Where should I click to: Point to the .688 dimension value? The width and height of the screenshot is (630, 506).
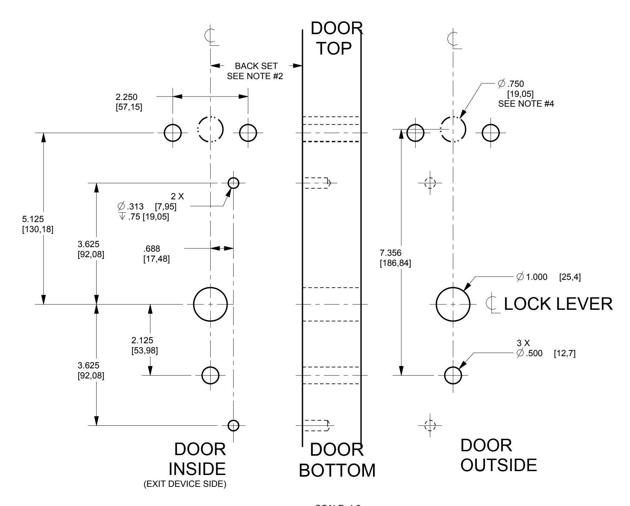152,249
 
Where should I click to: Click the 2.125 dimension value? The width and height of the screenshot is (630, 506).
142,340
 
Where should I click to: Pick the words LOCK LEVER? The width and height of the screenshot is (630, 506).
558,304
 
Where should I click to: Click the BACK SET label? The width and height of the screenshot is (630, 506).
256,66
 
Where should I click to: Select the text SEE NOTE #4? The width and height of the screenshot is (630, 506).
526,103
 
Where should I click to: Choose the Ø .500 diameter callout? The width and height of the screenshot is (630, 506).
530,354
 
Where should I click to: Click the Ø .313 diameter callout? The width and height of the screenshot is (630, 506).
131,207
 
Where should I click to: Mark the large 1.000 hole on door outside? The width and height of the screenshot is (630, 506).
453,304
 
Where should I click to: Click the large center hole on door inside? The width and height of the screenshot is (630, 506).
210,304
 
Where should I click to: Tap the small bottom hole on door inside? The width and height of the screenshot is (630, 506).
233,425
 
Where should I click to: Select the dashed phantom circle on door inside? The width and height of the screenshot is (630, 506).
211,129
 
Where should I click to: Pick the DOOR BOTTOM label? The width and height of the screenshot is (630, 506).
337,460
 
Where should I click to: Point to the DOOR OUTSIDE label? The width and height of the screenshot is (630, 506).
499,455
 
